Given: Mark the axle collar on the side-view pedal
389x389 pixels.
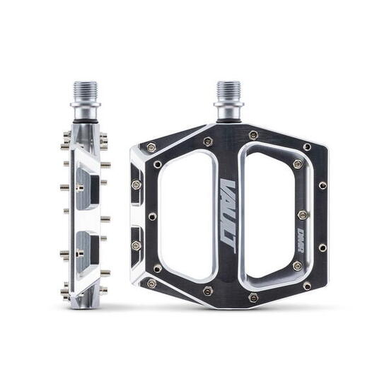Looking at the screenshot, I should pyautogui.click(x=85, y=112).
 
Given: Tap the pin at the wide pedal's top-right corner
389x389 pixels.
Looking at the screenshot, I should pyautogui.click(x=307, y=147).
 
